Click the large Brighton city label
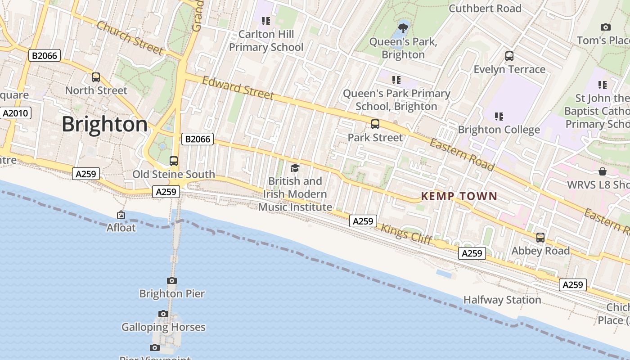click(104, 124)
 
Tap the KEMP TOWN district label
click(459, 196)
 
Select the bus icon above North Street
click(96, 77)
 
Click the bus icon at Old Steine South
click(174, 161)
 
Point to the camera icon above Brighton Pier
click(172, 280)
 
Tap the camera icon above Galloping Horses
click(163, 314)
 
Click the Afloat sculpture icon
click(121, 215)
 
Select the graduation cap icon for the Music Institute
click(295, 168)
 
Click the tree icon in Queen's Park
click(403, 28)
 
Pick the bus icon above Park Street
click(375, 124)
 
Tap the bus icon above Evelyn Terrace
click(509, 56)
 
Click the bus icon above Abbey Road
click(540, 237)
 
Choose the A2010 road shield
click(15, 113)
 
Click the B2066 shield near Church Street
click(44, 55)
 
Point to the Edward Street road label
click(238, 88)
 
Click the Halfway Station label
click(502, 300)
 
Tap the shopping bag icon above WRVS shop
click(603, 171)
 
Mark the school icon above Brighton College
click(499, 117)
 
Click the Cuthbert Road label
click(485, 8)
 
